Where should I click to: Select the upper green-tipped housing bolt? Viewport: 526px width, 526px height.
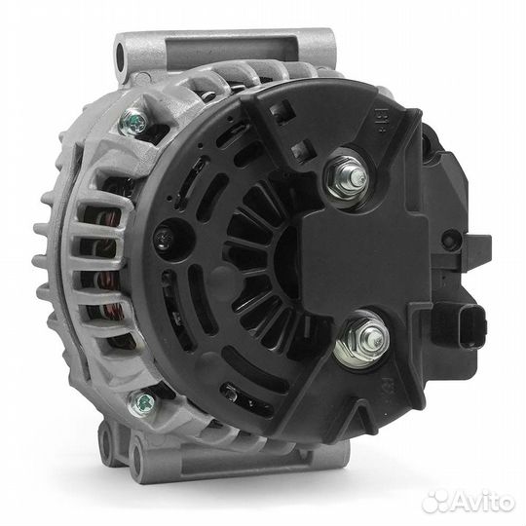point(134,123)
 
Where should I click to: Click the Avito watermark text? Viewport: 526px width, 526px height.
point(483,502)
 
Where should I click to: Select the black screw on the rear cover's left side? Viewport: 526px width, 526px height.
point(165,239)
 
